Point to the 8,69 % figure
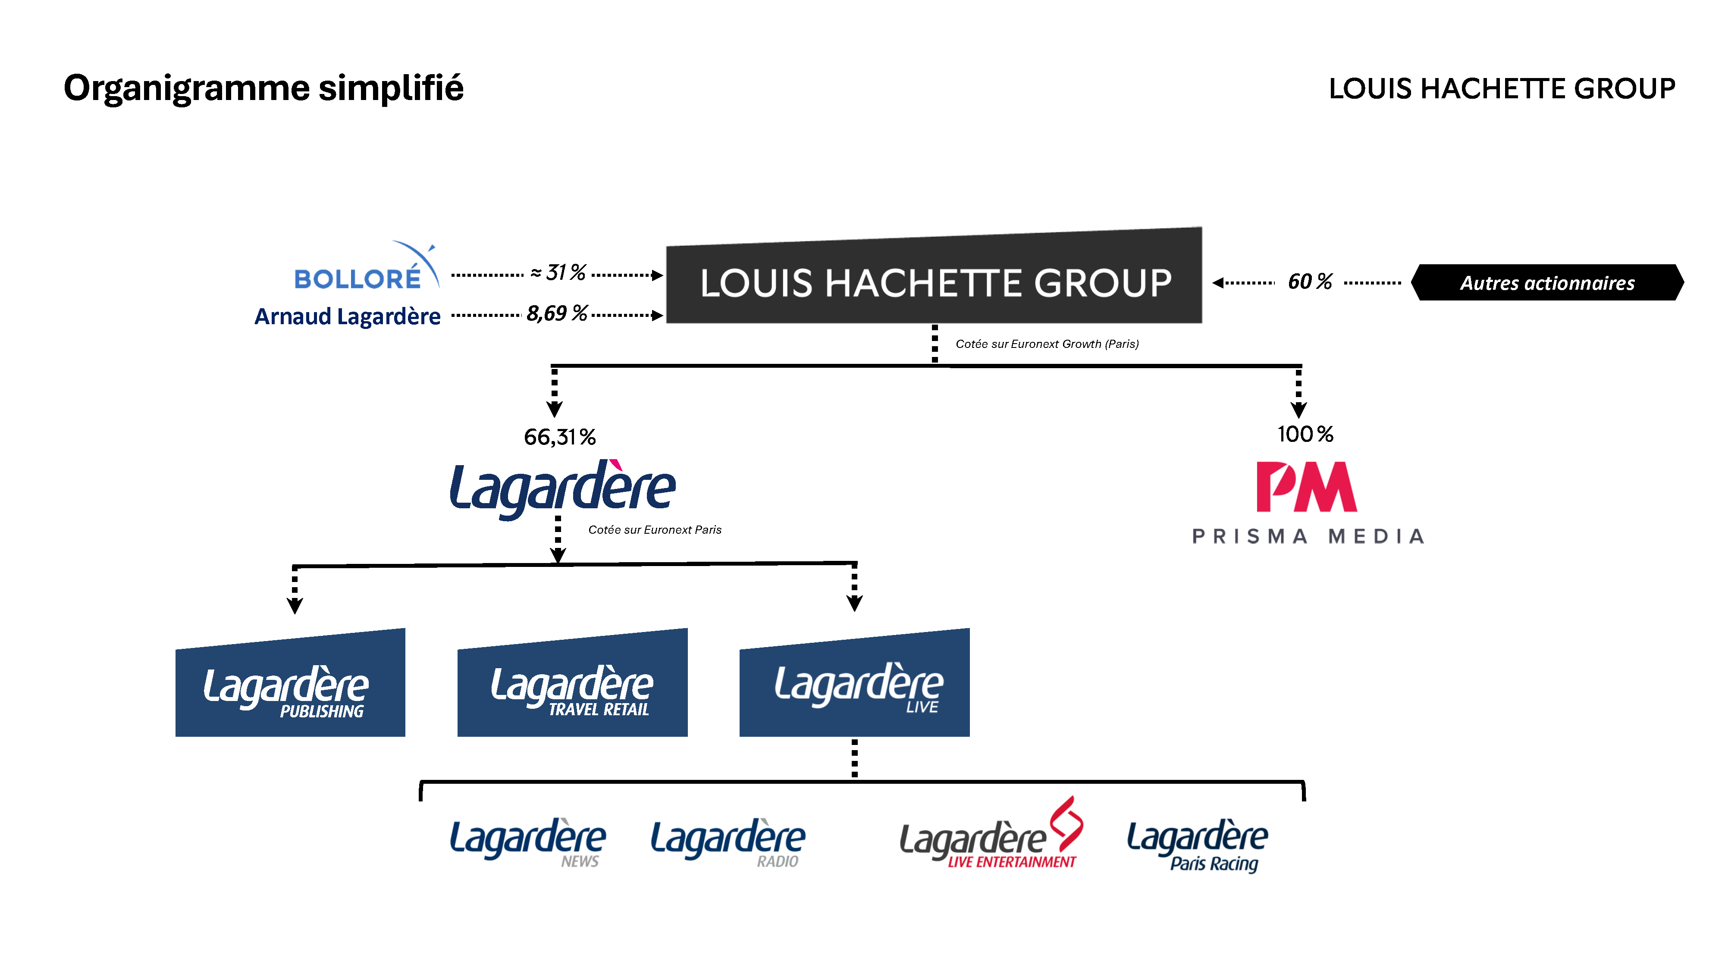coord(556,313)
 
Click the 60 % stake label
coord(1309,282)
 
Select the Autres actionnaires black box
coord(1547,282)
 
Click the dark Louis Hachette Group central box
coord(934,281)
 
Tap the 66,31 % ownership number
coord(560,437)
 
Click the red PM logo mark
coord(1306,487)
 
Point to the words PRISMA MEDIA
coord(1308,536)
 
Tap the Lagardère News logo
coord(528,842)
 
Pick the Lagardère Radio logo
coord(728,842)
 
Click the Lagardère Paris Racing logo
coord(1197,845)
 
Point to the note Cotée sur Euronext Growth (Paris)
coord(1047,344)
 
